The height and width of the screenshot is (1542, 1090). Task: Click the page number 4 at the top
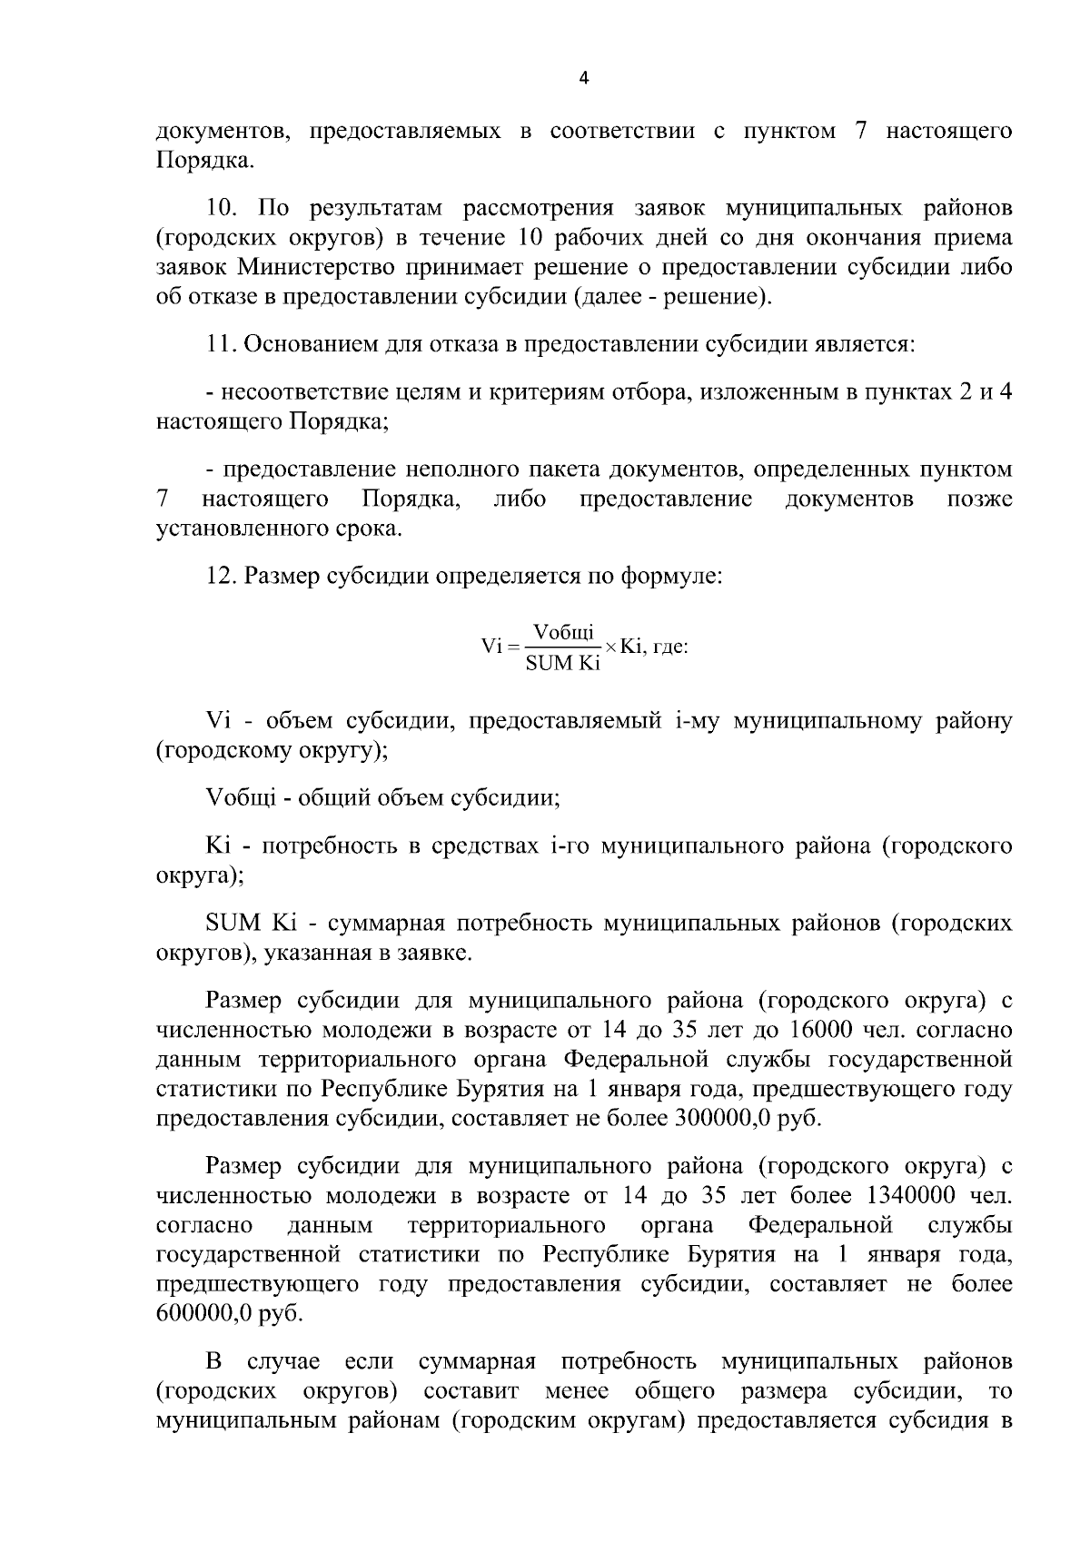point(584,78)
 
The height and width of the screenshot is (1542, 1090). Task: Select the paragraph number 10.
point(222,208)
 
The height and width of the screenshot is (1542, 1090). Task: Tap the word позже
point(979,499)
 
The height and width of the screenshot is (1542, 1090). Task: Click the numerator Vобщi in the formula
point(563,632)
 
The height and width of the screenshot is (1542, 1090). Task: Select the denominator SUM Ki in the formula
point(563,664)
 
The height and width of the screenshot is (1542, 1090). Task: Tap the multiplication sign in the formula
point(611,647)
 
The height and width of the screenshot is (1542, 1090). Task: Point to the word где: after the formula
point(670,647)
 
